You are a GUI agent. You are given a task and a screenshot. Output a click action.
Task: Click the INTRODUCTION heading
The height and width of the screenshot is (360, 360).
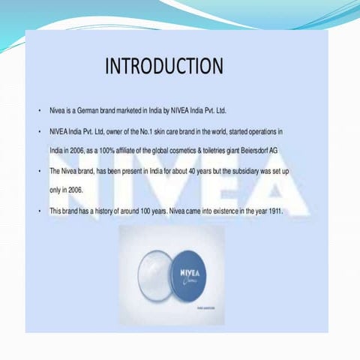(163, 66)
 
